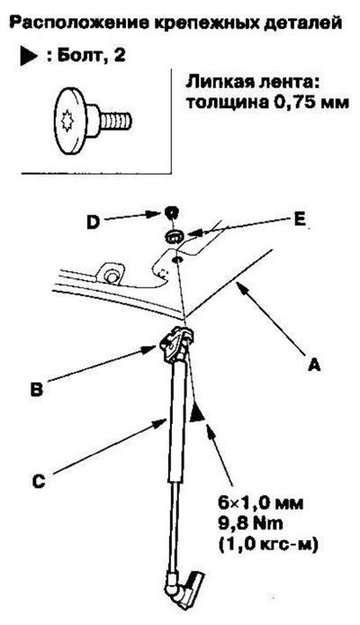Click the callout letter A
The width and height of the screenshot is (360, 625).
[314, 365]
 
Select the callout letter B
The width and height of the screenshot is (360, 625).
[37, 389]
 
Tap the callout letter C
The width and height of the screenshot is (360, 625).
[39, 481]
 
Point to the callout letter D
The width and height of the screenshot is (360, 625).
[93, 222]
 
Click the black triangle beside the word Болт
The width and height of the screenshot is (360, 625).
[29, 56]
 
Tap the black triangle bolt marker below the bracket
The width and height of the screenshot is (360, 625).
[197, 412]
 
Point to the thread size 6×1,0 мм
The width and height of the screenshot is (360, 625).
[260, 503]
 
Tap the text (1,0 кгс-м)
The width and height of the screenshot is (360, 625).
[267, 545]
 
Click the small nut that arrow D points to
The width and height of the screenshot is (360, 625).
[170, 213]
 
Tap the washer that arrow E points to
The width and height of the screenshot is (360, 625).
[173, 236]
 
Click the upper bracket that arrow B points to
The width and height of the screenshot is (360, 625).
[175, 342]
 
